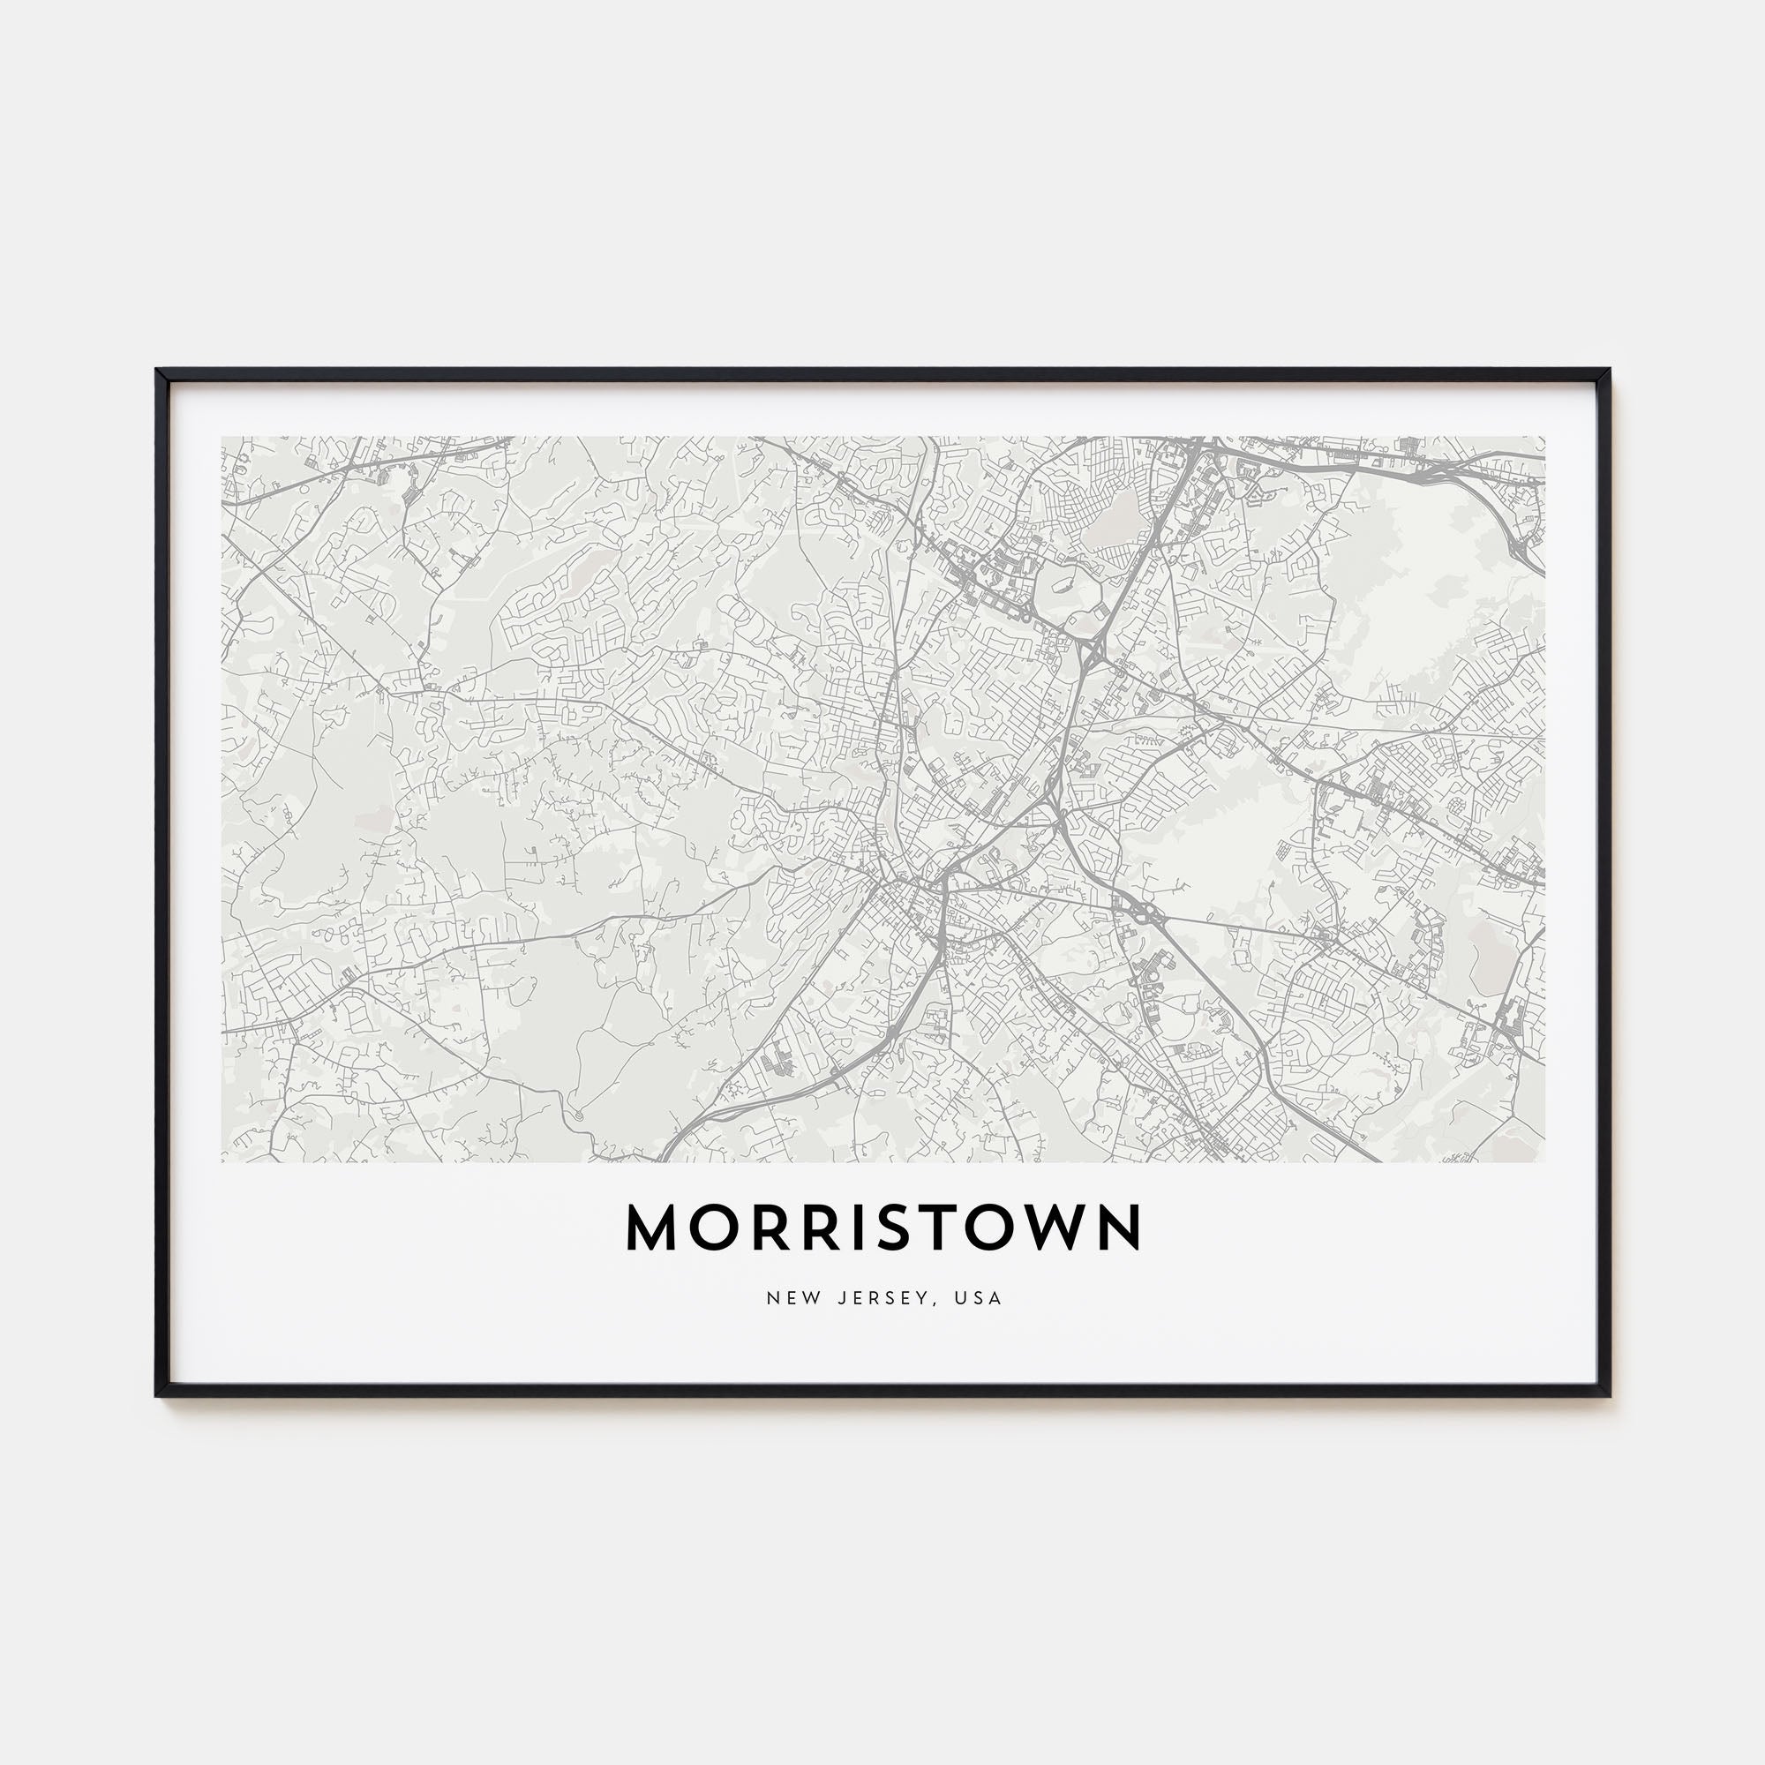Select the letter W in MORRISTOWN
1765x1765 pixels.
click(1055, 1228)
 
